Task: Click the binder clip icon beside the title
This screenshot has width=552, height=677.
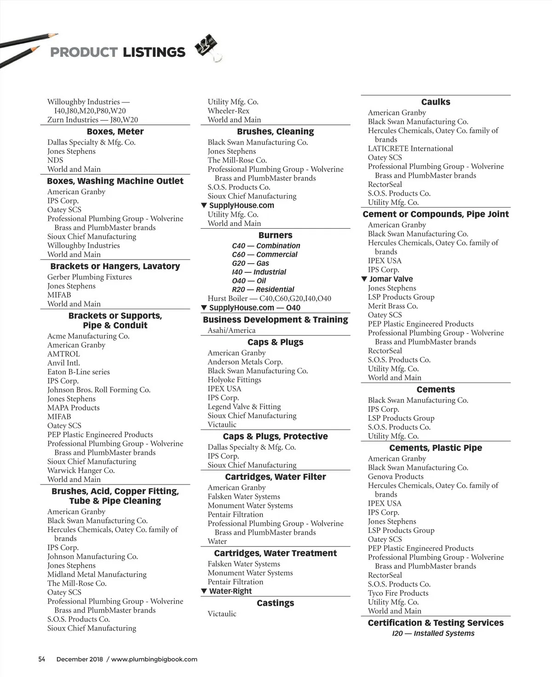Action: coord(207,48)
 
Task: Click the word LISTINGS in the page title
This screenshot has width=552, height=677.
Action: coord(154,52)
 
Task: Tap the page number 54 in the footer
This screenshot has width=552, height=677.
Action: coord(42,659)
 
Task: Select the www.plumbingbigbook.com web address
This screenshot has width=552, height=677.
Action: coord(154,659)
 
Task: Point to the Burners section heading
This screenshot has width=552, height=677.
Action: coord(275,235)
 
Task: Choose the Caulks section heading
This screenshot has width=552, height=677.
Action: coord(436,102)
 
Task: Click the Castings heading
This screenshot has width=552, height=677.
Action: coord(275,603)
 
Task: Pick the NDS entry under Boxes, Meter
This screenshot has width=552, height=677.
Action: coord(55,160)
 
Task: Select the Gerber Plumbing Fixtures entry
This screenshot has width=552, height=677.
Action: coord(89,277)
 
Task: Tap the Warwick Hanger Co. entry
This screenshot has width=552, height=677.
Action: coord(81,470)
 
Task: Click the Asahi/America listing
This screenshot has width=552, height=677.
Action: coord(231,330)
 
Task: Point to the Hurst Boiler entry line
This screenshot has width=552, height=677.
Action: coord(269,299)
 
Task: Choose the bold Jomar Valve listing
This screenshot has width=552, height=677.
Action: coord(391,279)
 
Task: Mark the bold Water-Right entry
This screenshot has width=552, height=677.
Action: coord(230,591)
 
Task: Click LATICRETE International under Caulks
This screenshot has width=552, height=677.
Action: coord(410,148)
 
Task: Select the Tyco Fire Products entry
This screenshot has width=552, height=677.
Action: coord(398,593)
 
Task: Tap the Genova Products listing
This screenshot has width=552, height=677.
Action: coord(396,476)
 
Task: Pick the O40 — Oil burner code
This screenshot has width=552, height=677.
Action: coord(249,281)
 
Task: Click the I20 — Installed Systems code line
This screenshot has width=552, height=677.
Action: coord(433,633)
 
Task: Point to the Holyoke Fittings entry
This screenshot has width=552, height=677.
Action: coord(234,380)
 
